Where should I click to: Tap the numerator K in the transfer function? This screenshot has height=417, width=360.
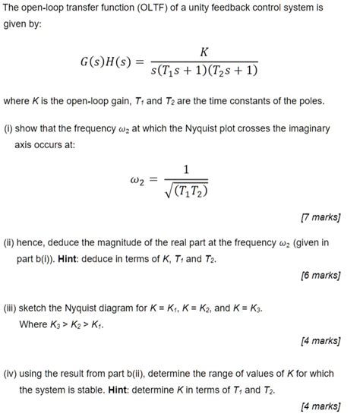click(x=202, y=52)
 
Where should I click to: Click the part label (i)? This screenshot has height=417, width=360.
click(x=9, y=129)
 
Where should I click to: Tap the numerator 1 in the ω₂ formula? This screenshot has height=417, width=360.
click(x=187, y=169)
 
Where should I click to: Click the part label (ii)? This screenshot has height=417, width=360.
click(x=10, y=243)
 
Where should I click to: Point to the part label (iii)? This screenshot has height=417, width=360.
click(x=11, y=310)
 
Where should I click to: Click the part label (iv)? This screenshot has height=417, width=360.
click(x=11, y=375)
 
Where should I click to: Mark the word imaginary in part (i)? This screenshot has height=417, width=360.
click(x=305, y=129)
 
